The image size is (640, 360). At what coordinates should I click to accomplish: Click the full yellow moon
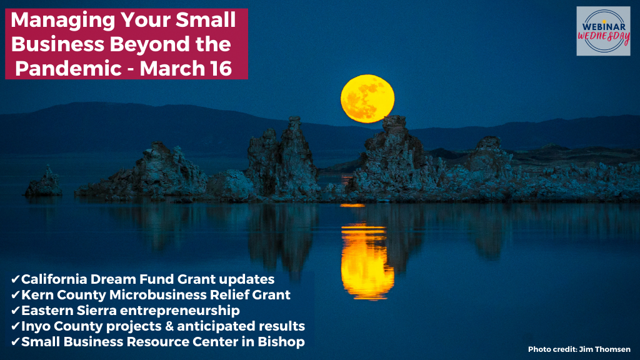[x=367, y=99]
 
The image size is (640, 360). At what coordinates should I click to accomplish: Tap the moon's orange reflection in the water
[x=367, y=261]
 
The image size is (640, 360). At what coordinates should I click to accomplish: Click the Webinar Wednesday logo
[x=603, y=31]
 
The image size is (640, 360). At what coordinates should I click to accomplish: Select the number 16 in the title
[x=222, y=68]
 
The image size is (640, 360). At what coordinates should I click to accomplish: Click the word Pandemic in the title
[x=68, y=68]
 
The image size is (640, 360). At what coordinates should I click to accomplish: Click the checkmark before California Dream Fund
[x=16, y=279]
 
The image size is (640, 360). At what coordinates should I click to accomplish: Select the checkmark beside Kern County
[x=16, y=295]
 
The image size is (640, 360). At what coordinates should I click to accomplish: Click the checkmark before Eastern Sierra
[x=16, y=311]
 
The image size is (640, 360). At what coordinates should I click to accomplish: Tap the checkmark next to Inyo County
[x=16, y=326]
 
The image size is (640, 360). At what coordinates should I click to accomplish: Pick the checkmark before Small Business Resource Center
[x=16, y=342]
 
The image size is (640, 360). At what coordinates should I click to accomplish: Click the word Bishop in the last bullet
[x=281, y=342]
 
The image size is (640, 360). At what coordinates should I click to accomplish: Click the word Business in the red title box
[x=57, y=44]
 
